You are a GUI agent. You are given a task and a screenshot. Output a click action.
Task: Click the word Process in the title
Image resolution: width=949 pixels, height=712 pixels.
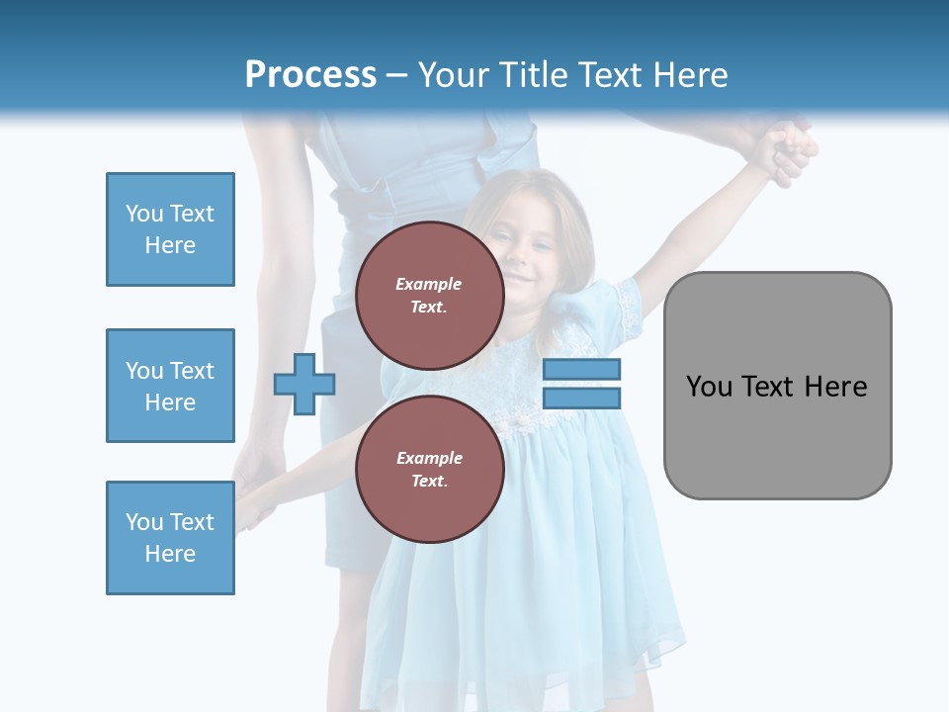[310, 75]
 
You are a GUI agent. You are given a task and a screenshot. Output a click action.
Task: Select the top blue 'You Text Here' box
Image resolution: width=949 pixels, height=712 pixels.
[170, 229]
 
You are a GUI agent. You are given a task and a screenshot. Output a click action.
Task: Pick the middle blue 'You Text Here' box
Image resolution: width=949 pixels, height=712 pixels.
[170, 386]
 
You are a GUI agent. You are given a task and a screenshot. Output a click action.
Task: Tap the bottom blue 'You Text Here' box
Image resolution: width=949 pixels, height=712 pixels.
[170, 538]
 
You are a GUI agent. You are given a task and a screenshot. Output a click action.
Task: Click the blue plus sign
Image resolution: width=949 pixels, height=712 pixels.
[304, 384]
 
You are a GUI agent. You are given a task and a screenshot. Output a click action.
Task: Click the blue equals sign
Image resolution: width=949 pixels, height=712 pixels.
[581, 384]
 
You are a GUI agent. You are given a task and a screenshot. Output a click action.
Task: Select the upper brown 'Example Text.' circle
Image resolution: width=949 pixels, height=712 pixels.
[429, 295]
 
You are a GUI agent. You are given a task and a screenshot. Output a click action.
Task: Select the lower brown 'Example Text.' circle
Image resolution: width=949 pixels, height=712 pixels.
[429, 469]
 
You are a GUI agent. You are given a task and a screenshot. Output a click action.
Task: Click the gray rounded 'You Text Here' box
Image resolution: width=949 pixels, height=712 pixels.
[777, 386]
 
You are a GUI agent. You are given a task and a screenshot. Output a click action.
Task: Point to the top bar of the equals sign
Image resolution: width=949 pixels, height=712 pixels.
[581, 370]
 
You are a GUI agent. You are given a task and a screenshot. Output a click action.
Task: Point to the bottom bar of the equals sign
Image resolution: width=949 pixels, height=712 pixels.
[581, 398]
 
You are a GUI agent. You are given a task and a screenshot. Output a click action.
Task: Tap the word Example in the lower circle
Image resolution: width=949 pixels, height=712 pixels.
[429, 458]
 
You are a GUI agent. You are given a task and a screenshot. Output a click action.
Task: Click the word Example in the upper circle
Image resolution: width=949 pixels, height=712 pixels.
[429, 284]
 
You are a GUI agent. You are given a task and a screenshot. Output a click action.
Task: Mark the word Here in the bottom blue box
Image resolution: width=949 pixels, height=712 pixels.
[170, 554]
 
